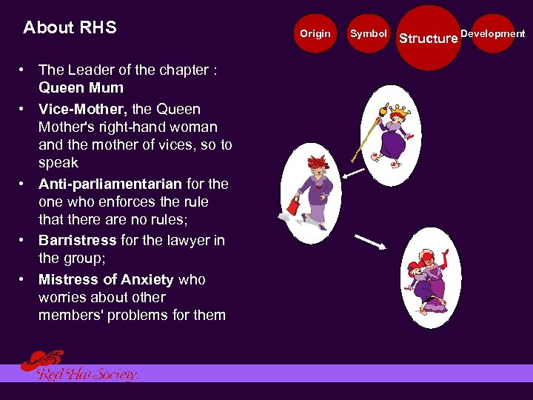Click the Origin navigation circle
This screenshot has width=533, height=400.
315,33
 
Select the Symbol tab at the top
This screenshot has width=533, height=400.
368,33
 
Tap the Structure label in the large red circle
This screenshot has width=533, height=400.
429,38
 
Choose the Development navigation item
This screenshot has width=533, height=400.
493,33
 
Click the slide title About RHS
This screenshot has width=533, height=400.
70,28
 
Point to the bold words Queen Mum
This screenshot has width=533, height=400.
81,87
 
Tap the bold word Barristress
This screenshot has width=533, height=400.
77,240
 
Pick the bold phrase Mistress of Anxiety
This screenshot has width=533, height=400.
106,279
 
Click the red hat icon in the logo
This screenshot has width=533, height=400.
41,360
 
